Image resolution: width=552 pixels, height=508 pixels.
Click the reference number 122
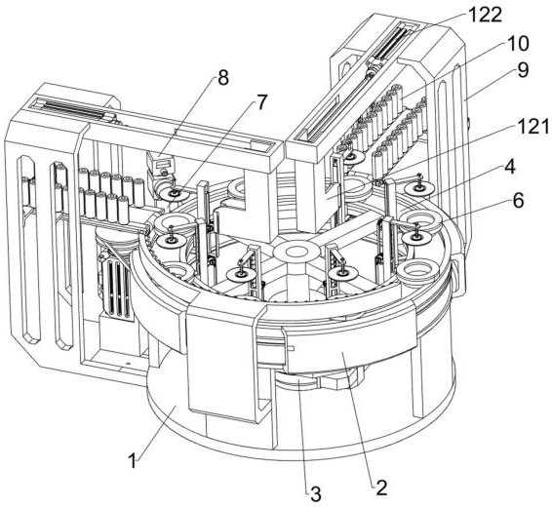tap(485, 16)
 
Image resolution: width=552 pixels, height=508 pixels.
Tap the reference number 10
tap(518, 44)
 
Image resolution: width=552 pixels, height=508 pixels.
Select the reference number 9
tap(523, 70)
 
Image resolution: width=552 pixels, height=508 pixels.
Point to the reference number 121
tap(533, 127)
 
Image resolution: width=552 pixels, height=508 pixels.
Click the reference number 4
tap(509, 167)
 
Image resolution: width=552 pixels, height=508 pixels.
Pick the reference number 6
tap(518, 201)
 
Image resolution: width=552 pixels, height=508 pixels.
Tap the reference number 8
tap(223, 77)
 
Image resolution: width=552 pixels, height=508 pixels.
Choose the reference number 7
tap(260, 102)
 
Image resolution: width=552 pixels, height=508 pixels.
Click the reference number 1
tap(133, 461)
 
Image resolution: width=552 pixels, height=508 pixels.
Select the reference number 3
tap(315, 493)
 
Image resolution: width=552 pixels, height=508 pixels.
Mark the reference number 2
tap(381, 488)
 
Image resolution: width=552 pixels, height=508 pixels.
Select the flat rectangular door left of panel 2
tap(221, 363)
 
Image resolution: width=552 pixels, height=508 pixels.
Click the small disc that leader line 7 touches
tap(174, 193)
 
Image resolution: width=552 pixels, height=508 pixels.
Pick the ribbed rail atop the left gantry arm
tap(75, 107)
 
